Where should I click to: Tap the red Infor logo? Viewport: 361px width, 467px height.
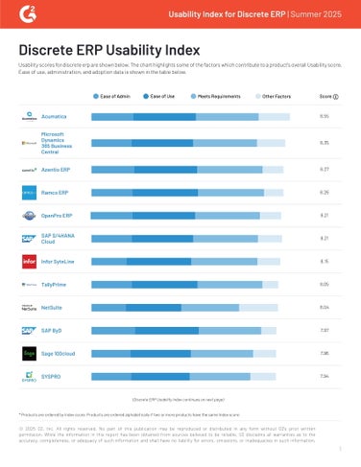tap(29, 261)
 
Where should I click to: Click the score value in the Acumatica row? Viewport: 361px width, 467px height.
tap(325, 116)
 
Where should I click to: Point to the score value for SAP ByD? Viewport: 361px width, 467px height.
tap(325, 330)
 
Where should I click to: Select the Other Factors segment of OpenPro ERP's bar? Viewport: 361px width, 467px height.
tap(270, 215)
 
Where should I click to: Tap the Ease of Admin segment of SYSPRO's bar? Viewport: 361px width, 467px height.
tap(110, 376)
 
